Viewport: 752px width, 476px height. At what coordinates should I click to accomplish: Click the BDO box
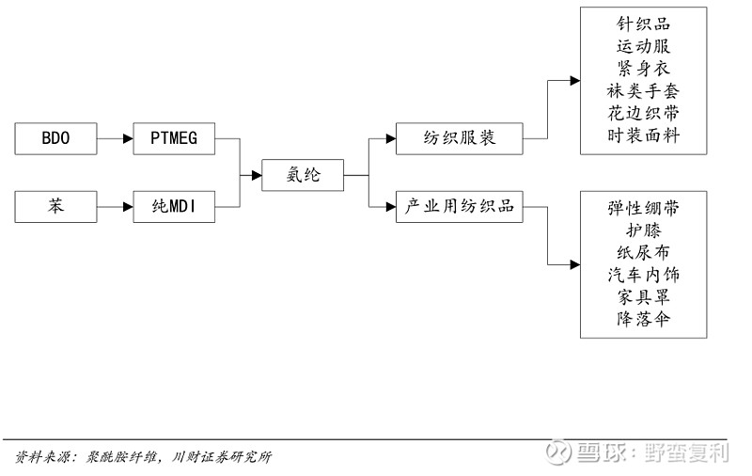tap(55, 139)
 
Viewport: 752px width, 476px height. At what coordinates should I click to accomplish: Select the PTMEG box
tap(174, 139)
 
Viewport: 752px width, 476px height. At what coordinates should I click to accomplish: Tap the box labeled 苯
tap(55, 205)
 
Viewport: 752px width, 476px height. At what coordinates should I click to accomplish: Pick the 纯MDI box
tap(174, 205)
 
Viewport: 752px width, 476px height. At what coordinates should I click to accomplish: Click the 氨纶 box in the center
tap(302, 173)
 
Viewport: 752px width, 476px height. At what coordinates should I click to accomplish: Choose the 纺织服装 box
tap(459, 139)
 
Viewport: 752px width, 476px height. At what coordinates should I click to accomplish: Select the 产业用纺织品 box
tap(459, 205)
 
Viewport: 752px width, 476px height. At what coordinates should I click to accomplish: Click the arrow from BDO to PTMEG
tap(115, 139)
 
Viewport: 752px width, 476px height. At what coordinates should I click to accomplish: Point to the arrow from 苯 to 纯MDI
tap(115, 205)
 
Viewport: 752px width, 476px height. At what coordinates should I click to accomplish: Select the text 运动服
tap(643, 46)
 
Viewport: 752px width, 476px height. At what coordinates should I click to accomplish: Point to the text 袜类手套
tap(643, 91)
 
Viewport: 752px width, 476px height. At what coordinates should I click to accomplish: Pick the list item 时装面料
tap(643, 136)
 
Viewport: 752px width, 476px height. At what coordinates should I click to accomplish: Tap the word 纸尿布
tap(643, 252)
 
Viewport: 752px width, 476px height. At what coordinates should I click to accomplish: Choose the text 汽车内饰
tap(643, 275)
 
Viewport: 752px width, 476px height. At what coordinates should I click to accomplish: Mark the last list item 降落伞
tap(643, 320)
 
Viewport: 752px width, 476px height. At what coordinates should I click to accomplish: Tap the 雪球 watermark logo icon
tap(560, 452)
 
